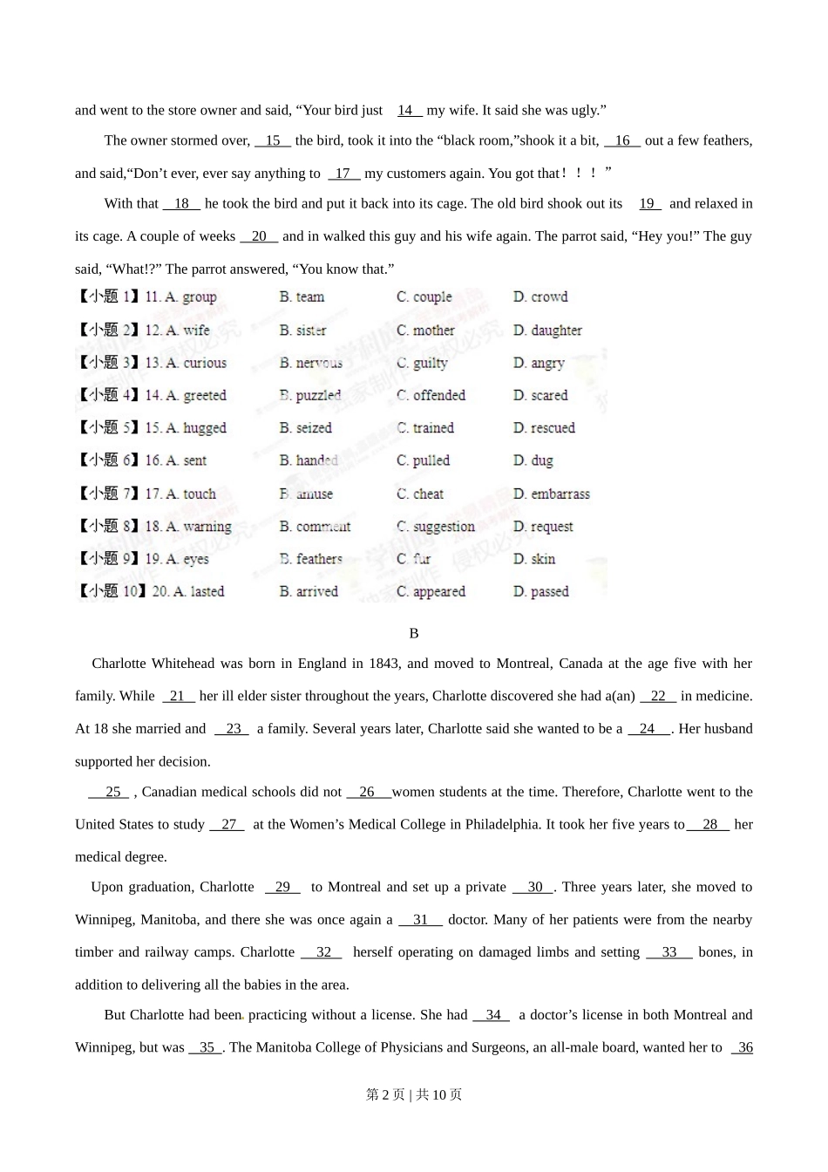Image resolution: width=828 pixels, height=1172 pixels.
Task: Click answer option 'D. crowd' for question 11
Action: click(540, 297)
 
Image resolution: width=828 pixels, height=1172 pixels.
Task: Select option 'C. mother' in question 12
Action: click(425, 330)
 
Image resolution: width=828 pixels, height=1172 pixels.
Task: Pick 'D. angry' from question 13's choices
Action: click(539, 363)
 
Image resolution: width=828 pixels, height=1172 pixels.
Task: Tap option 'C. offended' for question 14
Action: click(431, 396)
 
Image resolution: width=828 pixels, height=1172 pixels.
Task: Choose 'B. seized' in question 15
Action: click(305, 428)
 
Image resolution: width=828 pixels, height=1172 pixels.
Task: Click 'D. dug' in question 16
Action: click(533, 460)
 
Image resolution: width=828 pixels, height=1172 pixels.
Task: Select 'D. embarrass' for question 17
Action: click(551, 494)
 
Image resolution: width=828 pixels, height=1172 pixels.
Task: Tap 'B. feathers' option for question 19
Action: click(310, 559)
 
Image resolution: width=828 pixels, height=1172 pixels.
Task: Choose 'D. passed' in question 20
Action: click(540, 591)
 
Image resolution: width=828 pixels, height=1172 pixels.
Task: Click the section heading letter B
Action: click(414, 633)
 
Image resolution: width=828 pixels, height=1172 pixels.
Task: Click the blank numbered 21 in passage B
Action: click(178, 696)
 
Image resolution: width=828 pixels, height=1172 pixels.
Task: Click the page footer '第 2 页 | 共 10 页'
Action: click(414, 1094)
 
